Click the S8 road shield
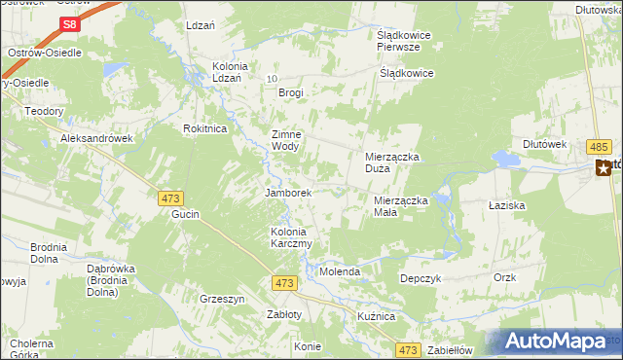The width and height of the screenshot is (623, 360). click(x=68, y=24)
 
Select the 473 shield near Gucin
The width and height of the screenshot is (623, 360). click(x=168, y=198)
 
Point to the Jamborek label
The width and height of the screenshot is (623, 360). click(x=288, y=193)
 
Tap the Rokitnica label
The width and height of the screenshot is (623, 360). click(x=204, y=128)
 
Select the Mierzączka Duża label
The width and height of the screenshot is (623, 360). click(x=391, y=162)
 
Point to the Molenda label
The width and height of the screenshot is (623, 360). click(x=341, y=271)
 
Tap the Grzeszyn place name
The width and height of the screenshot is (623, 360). click(x=221, y=299)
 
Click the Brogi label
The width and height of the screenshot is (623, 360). click(x=291, y=93)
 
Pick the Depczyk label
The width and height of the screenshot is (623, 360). click(x=421, y=278)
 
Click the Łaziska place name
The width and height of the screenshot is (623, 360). click(x=506, y=206)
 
